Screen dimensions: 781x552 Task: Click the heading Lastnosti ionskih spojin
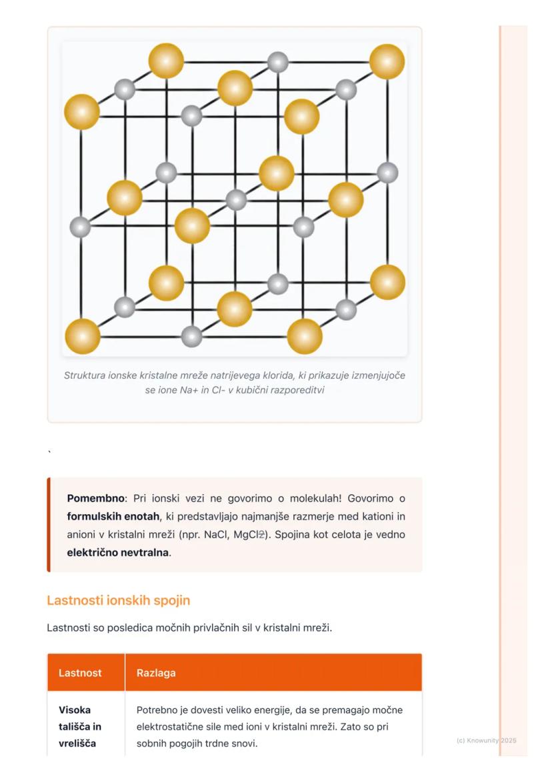pyautogui.click(x=118, y=600)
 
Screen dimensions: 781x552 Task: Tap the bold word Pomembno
pyautogui.click(x=95, y=498)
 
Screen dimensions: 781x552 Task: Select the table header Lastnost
pyautogui.click(x=80, y=672)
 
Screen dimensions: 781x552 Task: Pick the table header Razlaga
pyautogui.click(x=156, y=672)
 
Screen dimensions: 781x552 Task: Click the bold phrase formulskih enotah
pyautogui.click(x=113, y=516)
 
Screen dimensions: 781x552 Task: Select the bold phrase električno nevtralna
pyautogui.click(x=118, y=552)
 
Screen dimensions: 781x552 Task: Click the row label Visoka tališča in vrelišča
pyautogui.click(x=80, y=726)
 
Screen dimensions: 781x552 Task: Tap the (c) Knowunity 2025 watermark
pyautogui.click(x=486, y=740)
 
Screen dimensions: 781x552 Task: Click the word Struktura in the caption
pyautogui.click(x=84, y=375)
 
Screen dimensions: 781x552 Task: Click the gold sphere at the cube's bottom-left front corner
pyautogui.click(x=83, y=336)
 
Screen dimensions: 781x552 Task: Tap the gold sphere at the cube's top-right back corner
pyautogui.click(x=387, y=61)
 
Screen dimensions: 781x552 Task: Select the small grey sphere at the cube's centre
pyautogui.click(x=236, y=199)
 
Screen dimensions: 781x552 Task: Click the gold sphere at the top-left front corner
pyautogui.click(x=82, y=111)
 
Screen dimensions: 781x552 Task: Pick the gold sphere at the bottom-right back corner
pyautogui.click(x=387, y=282)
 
